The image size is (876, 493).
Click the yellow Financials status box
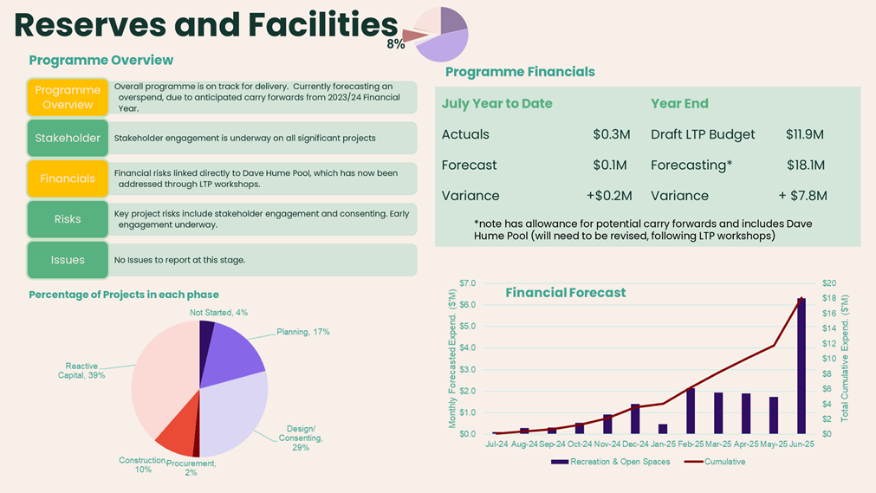click(68, 178)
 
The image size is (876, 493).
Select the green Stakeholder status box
click(68, 138)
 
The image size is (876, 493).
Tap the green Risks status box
click(68, 219)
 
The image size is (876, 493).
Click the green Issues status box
click(68, 260)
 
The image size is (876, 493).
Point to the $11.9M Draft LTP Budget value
click(804, 134)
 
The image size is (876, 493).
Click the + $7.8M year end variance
click(802, 196)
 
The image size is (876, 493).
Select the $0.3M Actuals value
click(611, 134)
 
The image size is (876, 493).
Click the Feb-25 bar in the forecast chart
click(691, 411)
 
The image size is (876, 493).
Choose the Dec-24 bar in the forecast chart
click(635, 418)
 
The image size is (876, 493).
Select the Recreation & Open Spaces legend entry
click(610, 462)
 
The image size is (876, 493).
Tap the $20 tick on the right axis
click(828, 283)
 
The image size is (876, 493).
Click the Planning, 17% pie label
click(302, 332)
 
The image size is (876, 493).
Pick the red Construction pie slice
click(177, 433)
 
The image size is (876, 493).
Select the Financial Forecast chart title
click(565, 293)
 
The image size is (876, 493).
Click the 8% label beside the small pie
click(395, 44)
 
